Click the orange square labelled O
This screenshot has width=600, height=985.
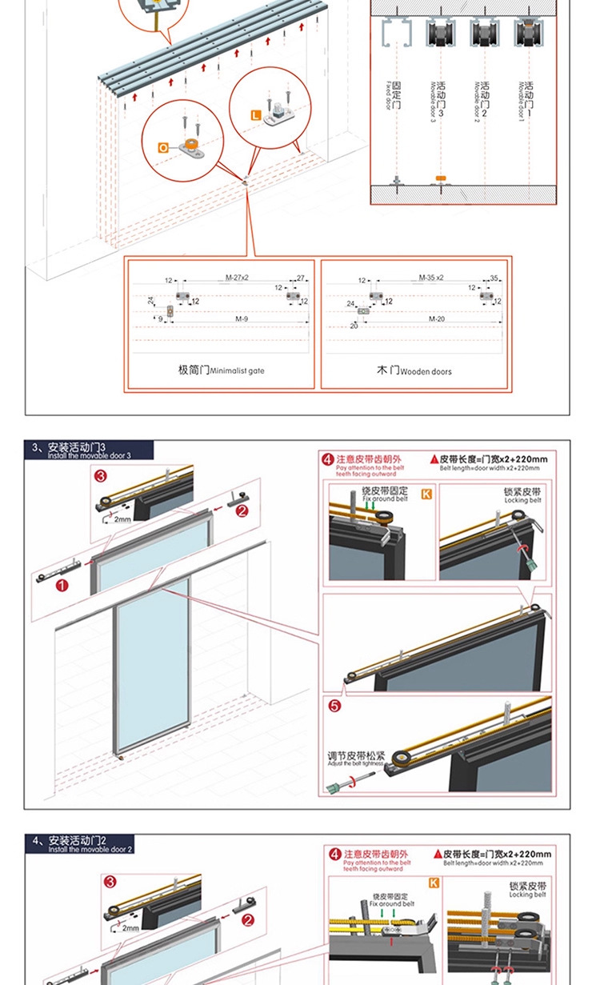[163, 148]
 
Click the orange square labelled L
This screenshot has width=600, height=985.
[255, 115]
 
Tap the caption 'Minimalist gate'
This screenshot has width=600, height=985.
[221, 371]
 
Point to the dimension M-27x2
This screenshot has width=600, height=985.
[237, 278]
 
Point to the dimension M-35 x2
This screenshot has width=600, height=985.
[430, 278]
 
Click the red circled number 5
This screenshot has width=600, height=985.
[335, 706]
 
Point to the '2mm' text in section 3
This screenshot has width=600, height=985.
[122, 519]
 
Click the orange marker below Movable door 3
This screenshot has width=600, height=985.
[439, 177]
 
